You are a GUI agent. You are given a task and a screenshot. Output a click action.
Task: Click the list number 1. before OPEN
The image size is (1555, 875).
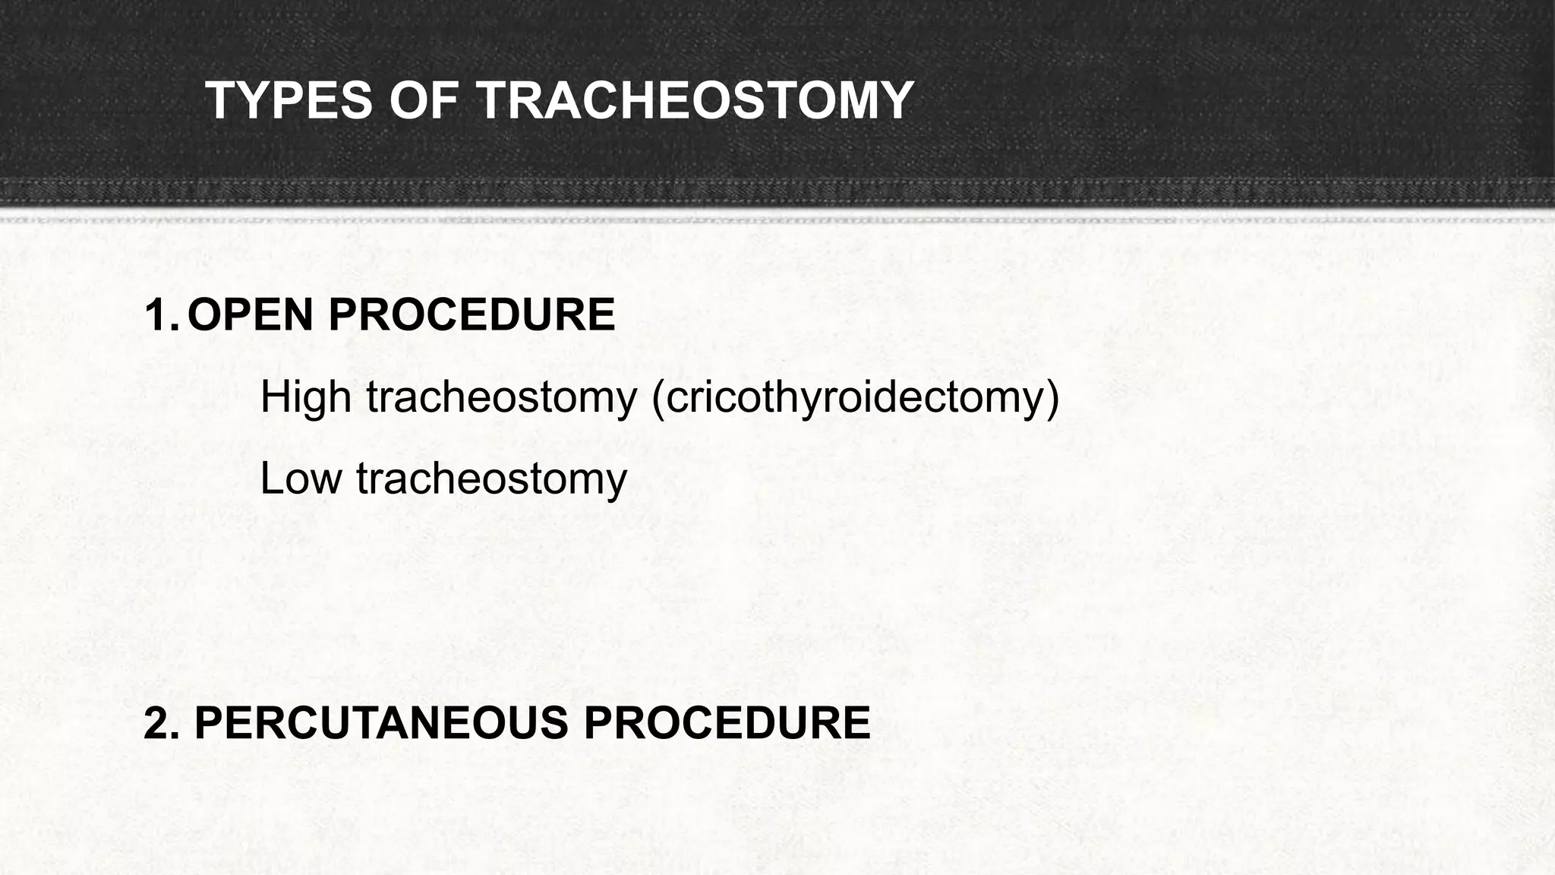click(x=160, y=315)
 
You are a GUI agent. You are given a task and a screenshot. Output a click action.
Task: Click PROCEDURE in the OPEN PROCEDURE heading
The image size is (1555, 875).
click(x=471, y=315)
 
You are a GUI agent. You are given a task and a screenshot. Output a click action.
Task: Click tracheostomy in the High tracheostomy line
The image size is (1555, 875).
click(x=502, y=397)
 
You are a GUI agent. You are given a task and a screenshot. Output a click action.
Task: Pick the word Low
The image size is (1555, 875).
click(x=300, y=479)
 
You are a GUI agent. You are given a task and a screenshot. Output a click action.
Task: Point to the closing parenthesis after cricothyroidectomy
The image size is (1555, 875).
click(x=1052, y=397)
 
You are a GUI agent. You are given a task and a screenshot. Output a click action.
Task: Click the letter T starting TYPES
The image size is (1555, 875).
click(x=219, y=101)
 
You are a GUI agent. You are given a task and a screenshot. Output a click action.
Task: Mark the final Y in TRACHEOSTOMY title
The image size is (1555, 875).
click(x=897, y=101)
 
